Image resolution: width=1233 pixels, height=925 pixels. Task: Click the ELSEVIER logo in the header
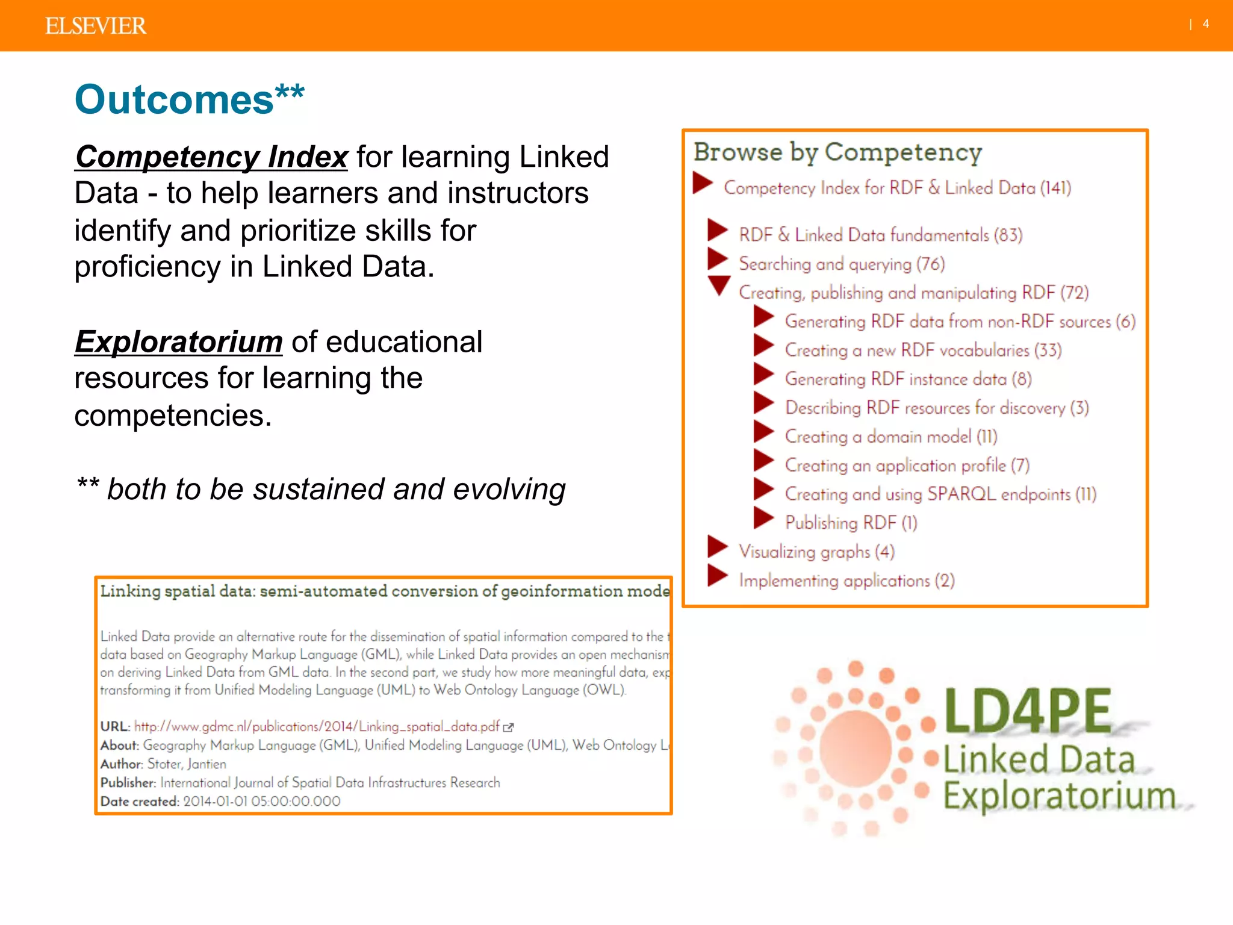(95, 26)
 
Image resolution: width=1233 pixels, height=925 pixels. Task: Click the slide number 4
(1205, 24)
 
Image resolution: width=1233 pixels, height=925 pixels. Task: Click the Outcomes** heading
(189, 99)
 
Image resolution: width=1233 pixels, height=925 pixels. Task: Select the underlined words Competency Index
(211, 157)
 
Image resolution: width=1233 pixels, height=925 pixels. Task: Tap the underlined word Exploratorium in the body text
(178, 342)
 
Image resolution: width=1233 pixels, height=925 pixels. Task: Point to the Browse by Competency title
(837, 152)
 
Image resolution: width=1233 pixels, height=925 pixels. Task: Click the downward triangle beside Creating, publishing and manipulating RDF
(719, 285)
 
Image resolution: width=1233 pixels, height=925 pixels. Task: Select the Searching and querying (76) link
(842, 264)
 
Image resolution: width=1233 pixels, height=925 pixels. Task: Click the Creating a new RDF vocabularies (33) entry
(923, 350)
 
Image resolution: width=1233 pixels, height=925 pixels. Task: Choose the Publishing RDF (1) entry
(851, 522)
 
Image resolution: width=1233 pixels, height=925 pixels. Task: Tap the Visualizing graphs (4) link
(816, 551)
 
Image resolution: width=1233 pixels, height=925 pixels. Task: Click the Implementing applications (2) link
(846, 580)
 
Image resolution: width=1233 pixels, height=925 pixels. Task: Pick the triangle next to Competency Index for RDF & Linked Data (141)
(702, 183)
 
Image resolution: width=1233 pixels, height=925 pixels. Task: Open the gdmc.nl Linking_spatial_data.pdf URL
(317, 726)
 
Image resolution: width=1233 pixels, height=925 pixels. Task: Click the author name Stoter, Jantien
(187, 764)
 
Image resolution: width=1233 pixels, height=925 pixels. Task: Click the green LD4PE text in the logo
(1027, 712)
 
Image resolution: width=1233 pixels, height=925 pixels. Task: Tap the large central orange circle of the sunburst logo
(855, 749)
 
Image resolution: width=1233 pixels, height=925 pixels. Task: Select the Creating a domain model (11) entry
(890, 436)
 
